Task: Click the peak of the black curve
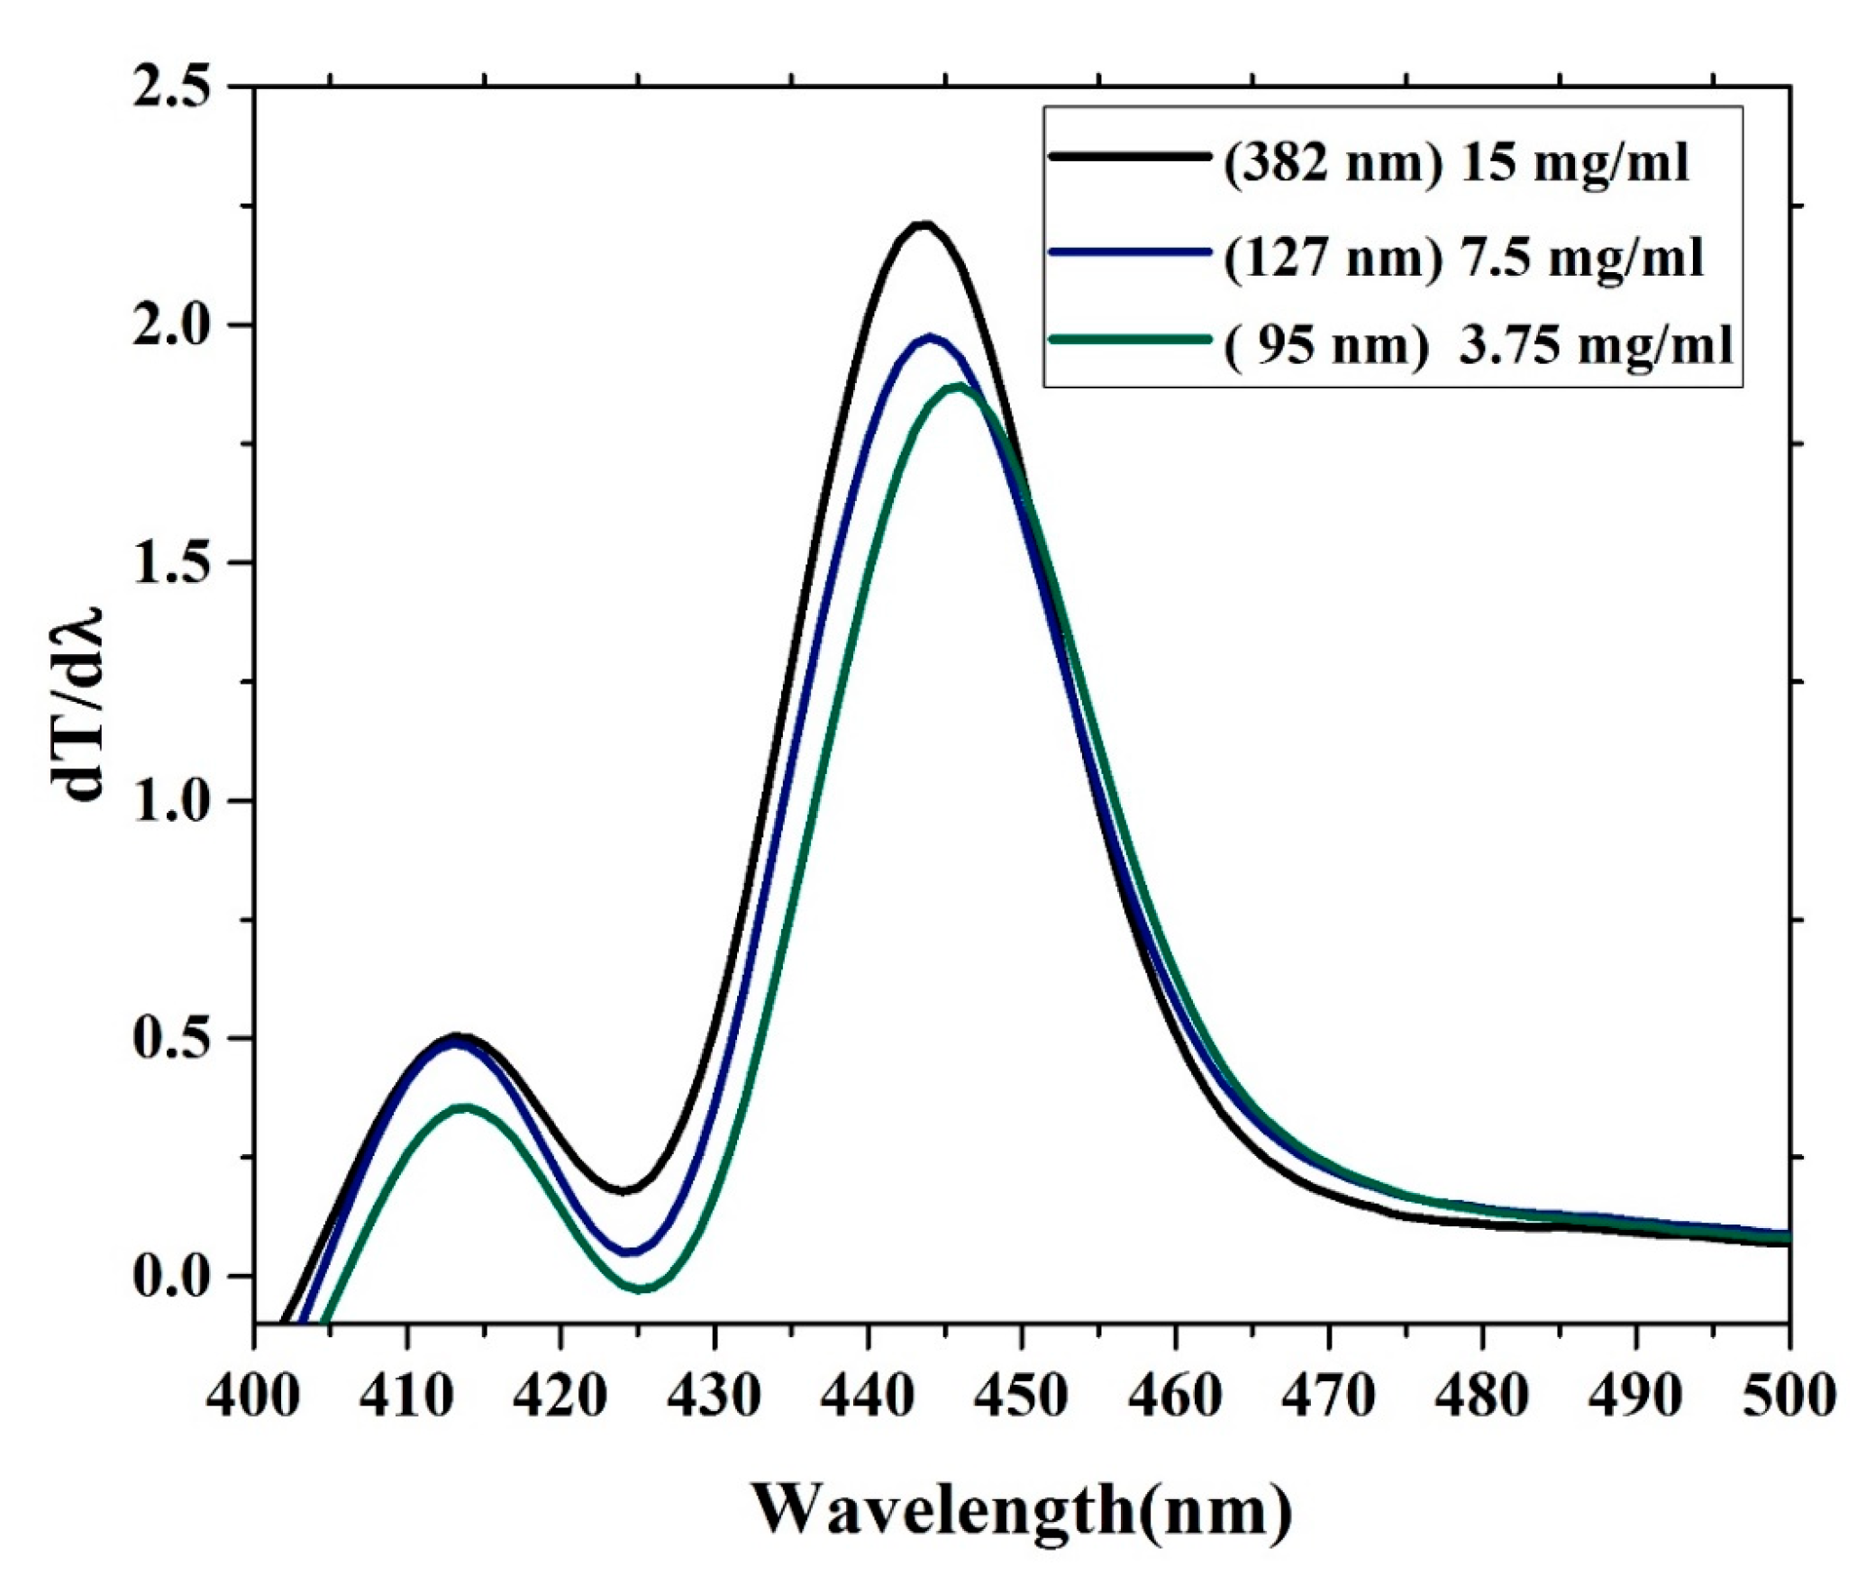pyautogui.click(x=923, y=223)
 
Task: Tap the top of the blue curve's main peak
pyautogui.click(x=930, y=337)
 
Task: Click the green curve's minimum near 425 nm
pyautogui.click(x=641, y=1289)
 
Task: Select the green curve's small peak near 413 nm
pyautogui.click(x=463, y=1107)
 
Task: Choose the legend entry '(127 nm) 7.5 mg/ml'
pyautogui.click(x=1463, y=257)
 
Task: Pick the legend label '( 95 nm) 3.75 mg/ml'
pyautogui.click(x=1478, y=345)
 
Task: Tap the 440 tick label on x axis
pyautogui.click(x=868, y=1395)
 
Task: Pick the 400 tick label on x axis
pyautogui.click(x=253, y=1395)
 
